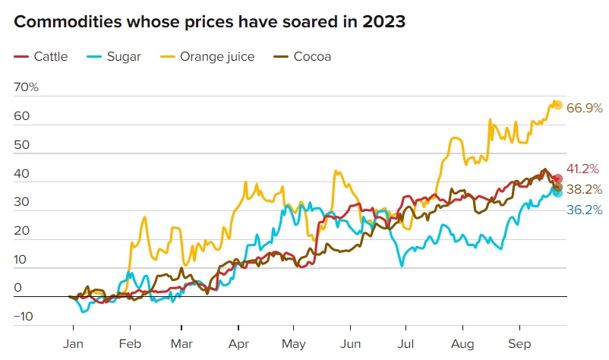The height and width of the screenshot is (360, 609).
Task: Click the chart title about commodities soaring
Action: click(x=210, y=22)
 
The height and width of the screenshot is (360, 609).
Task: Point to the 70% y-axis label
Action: click(x=26, y=87)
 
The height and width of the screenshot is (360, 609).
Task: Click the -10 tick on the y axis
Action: click(x=23, y=317)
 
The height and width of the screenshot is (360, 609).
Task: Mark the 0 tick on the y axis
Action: click(x=17, y=288)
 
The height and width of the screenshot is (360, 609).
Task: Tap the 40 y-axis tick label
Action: click(x=21, y=173)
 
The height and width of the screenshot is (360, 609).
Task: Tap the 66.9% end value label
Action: click(x=584, y=109)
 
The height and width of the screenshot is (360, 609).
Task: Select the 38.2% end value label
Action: click(x=584, y=190)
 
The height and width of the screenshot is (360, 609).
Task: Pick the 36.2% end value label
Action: click(x=584, y=210)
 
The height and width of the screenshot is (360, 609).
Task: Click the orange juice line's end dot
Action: click(x=557, y=105)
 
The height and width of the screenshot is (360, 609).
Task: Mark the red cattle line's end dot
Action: click(x=557, y=178)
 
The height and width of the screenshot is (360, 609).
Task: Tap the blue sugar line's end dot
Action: click(x=557, y=193)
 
